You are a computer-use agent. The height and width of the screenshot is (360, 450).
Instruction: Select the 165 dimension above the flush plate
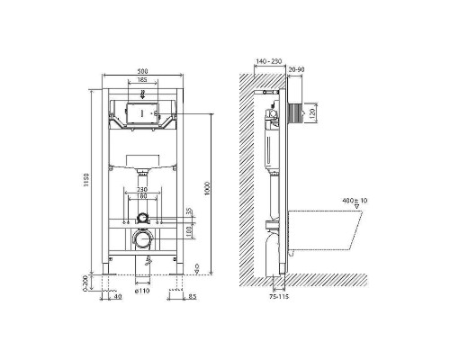[x=143, y=82]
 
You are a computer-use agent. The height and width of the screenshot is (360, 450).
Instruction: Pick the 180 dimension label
[x=142, y=196]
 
